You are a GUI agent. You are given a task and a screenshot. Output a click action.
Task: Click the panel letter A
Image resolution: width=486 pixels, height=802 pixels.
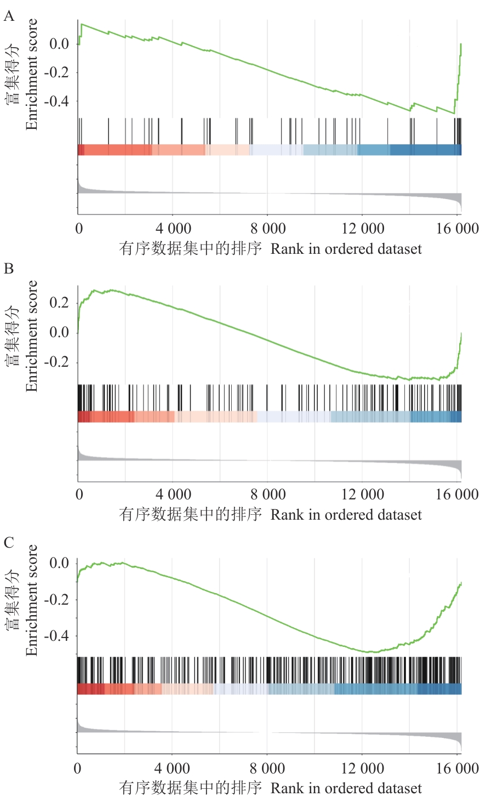point(9,16)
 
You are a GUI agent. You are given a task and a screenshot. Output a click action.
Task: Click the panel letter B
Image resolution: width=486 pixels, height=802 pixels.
point(9,269)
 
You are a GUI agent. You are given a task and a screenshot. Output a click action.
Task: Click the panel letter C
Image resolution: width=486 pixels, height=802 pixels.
point(9,543)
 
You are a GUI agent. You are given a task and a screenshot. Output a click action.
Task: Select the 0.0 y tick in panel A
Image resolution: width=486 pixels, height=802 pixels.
point(59,44)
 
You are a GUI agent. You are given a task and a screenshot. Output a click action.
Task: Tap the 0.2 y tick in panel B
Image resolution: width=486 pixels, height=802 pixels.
point(59,303)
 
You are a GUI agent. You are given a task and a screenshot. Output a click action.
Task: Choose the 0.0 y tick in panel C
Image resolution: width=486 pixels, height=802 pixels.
point(59,563)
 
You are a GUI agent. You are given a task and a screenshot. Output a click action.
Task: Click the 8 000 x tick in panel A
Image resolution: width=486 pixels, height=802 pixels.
point(268,229)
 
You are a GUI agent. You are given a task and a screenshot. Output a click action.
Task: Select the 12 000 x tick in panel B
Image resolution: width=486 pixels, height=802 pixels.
point(363,494)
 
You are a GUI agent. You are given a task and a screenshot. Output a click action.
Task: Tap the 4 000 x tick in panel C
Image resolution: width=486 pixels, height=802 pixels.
point(173,768)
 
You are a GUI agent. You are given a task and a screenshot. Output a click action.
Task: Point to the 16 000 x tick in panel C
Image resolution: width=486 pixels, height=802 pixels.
point(458,768)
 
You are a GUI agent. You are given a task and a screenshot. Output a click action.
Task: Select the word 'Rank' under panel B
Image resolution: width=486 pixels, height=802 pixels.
point(287,515)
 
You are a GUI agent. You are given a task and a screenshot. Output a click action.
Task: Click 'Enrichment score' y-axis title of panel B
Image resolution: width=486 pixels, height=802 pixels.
point(32,335)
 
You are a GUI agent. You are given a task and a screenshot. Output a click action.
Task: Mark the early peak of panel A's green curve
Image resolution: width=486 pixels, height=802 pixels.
point(82,24)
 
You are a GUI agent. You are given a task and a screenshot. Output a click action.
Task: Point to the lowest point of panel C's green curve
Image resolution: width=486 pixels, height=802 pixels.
point(370,652)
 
